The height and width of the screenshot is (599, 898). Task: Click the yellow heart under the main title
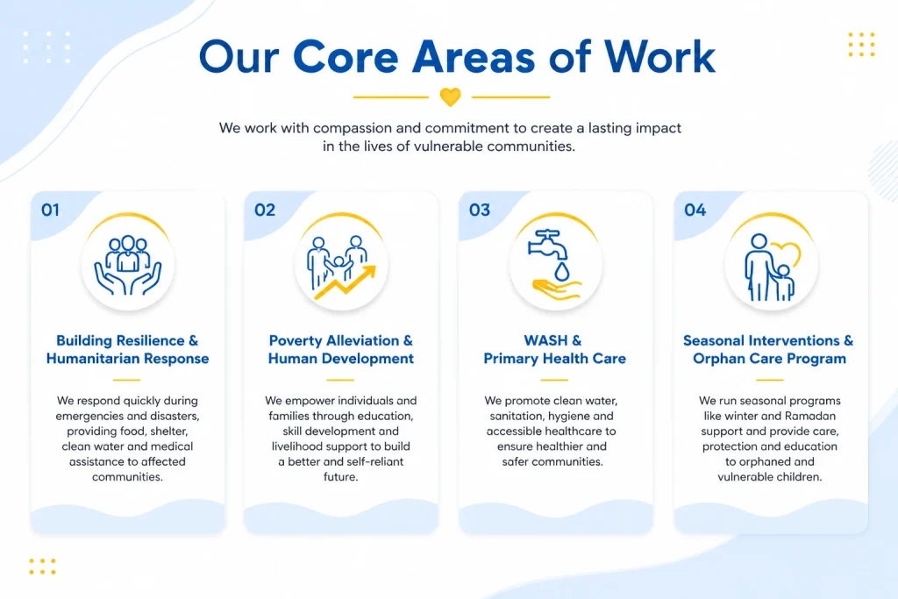pos(450,96)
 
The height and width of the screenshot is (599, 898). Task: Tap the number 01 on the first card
pos(50,210)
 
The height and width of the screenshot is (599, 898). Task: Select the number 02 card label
pos(264,210)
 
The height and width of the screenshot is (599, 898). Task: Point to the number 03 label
pos(480,210)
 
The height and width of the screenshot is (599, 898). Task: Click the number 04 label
pos(695,210)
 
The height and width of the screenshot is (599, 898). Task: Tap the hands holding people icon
pos(128,263)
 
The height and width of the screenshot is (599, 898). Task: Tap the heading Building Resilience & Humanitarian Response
pos(127,349)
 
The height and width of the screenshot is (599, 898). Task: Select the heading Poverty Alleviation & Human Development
pos(341,349)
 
